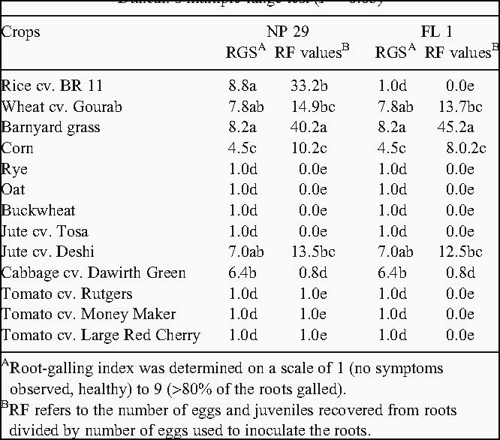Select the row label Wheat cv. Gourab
click(x=62, y=107)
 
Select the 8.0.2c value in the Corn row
click(x=459, y=148)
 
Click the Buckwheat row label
click(x=38, y=210)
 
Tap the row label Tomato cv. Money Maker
click(x=89, y=314)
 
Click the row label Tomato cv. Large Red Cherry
click(x=101, y=335)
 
